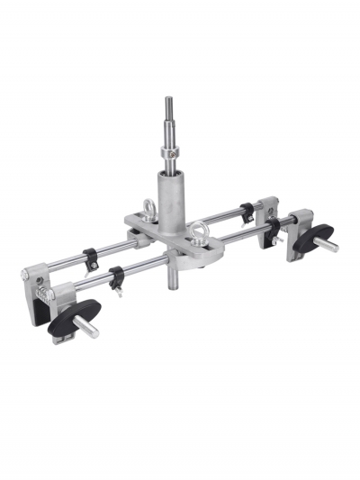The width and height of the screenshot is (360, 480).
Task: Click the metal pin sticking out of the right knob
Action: tap(329, 245)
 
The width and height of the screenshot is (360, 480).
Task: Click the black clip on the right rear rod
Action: tap(246, 213)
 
